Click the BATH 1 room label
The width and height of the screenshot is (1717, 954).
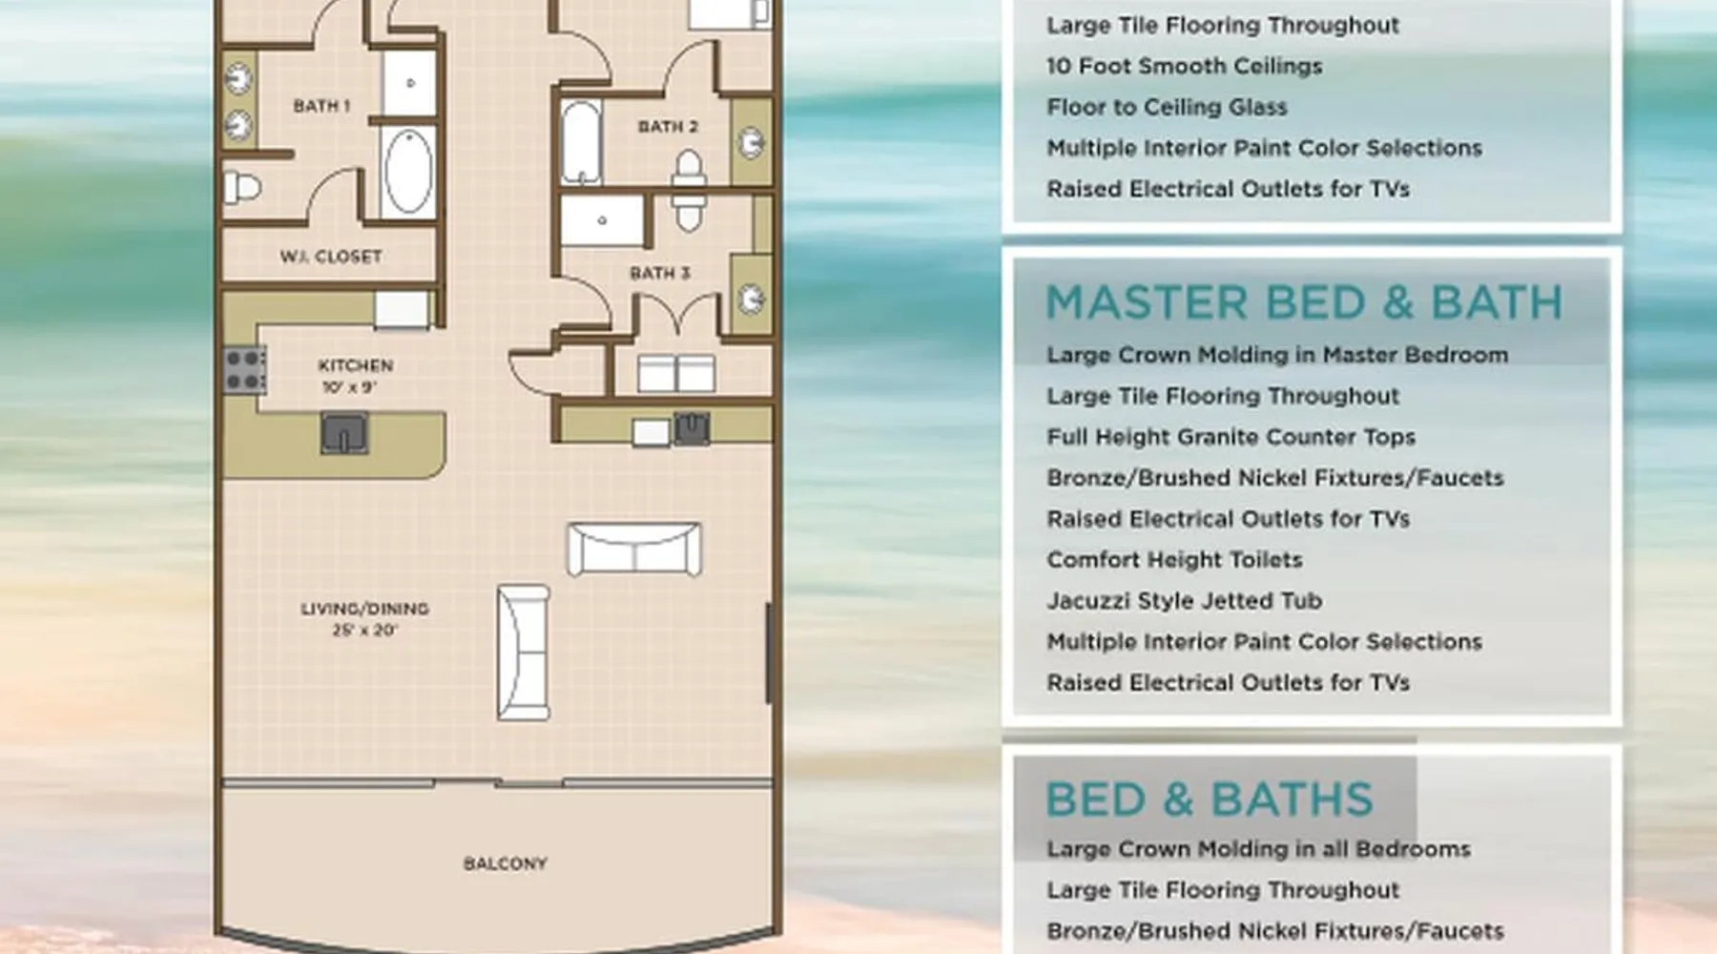point(321,106)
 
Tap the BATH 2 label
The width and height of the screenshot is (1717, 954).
point(668,127)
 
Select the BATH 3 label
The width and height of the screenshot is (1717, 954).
point(660,274)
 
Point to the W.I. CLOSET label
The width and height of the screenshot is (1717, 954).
point(331,257)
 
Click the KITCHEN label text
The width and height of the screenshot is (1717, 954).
point(356,365)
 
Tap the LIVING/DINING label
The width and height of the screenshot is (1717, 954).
point(364,609)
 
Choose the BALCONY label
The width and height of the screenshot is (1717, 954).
point(506,864)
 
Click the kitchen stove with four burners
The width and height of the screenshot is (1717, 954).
point(244,370)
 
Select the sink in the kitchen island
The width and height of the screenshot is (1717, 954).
point(344,433)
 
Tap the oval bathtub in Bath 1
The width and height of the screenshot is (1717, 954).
point(407,171)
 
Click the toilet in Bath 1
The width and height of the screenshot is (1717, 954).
point(241,187)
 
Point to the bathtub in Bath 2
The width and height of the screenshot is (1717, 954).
point(581,143)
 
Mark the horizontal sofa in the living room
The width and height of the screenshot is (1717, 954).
point(634,550)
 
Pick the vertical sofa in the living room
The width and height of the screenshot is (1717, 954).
point(523,653)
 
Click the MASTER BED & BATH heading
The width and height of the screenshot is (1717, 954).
point(1304,303)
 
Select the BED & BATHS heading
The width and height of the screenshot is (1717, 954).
point(1210,799)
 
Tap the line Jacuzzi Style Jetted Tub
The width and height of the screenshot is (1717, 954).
point(1184,601)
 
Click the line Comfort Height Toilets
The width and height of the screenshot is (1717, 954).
point(1174,560)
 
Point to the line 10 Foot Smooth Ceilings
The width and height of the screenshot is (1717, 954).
point(1185,66)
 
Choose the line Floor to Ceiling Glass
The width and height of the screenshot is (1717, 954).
point(1167,107)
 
